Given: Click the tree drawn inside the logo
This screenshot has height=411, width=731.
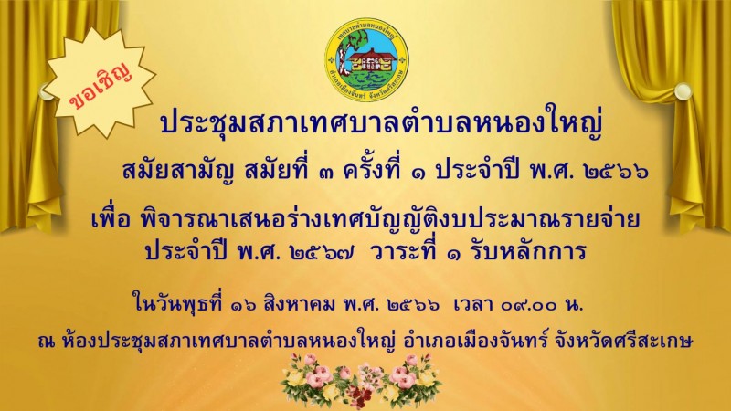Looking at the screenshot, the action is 344,52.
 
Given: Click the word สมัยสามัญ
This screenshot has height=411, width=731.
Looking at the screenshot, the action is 178,172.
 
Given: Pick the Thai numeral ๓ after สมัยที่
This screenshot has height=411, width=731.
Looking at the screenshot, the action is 324,174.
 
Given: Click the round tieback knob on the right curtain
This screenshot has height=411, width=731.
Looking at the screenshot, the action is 682,91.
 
